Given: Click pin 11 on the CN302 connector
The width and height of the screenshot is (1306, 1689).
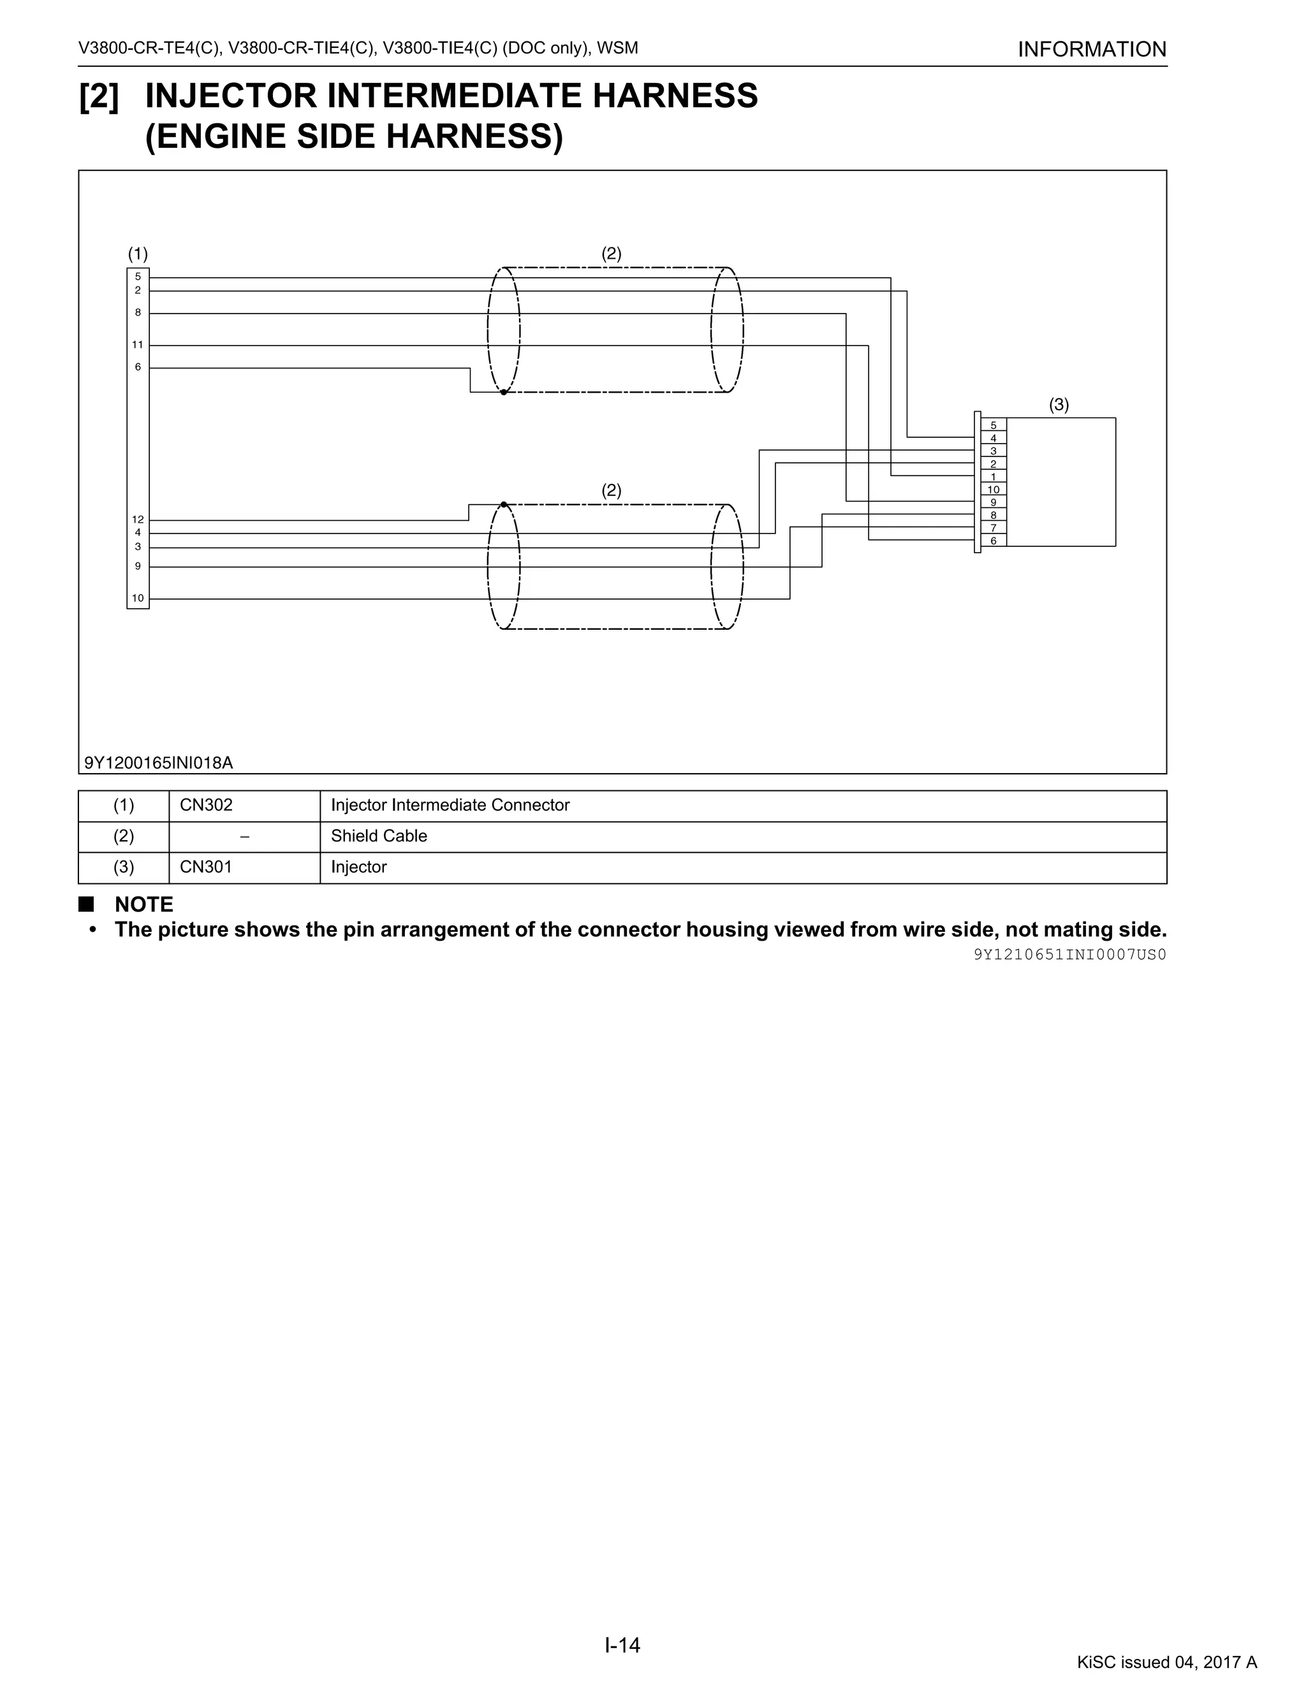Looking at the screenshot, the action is coord(138,345).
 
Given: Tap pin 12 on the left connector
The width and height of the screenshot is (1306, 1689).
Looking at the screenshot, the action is coord(138,519).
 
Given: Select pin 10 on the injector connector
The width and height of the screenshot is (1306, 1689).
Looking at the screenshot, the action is coord(994,489).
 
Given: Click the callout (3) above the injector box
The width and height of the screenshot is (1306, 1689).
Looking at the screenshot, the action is coord(1059,405).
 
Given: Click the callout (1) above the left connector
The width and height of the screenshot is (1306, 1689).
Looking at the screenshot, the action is coord(138,254).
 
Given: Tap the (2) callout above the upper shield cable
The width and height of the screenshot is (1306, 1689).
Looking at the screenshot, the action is coord(611,254).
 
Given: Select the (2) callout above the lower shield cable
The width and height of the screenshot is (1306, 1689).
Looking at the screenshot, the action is coord(611,490).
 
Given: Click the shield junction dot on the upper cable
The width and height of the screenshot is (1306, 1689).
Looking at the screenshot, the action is coord(504,392).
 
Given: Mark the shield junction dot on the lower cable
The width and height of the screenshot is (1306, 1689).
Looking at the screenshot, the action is coord(504,504).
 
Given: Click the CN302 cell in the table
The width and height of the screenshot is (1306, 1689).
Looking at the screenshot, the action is coord(207,805).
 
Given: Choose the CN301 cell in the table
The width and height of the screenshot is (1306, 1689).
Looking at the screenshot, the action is coord(207,867).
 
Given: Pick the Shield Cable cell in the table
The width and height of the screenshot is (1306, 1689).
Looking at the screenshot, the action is coord(379,836).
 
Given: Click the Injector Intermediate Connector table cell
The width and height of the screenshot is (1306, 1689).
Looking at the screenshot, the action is coord(450,805).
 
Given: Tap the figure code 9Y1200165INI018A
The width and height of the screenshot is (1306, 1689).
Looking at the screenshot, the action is coord(159,762).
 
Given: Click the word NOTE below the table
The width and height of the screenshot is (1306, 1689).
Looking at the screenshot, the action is coord(144,904).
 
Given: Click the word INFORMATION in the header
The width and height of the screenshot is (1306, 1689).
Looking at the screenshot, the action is coord(1092,50).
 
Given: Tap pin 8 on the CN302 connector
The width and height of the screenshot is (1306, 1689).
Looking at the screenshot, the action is coord(138,312).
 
